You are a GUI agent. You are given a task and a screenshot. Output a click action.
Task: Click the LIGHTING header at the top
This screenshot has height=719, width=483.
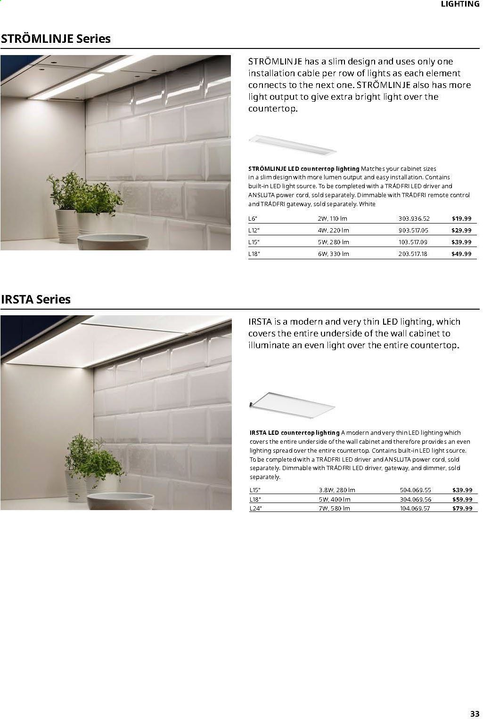point(459,4)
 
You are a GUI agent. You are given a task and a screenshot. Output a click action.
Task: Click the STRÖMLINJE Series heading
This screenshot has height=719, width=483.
point(56,39)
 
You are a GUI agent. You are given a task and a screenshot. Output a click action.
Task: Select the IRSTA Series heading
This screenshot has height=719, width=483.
point(36,299)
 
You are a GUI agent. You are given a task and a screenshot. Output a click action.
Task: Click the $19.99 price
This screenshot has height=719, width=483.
point(461,219)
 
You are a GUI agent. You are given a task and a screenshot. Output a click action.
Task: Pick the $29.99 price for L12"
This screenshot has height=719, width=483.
point(461,231)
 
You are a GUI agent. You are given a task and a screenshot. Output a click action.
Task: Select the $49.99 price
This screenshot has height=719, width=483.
point(461,254)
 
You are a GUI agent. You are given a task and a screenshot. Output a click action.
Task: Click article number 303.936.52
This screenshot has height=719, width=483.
point(414,219)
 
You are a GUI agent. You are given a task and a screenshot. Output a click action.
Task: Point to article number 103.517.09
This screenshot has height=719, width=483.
point(413,242)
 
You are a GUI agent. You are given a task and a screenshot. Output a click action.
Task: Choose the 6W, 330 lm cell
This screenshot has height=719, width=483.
point(333,254)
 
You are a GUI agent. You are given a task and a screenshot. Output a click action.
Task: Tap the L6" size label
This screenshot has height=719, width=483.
point(254,219)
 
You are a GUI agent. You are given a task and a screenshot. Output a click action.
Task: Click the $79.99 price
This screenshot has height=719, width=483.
point(462,509)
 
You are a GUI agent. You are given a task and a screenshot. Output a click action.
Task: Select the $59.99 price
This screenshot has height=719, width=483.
point(462,499)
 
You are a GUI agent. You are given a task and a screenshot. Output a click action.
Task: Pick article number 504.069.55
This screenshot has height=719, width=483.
point(415,490)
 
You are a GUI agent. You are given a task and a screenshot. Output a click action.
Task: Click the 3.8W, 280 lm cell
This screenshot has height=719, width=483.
point(336,490)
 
